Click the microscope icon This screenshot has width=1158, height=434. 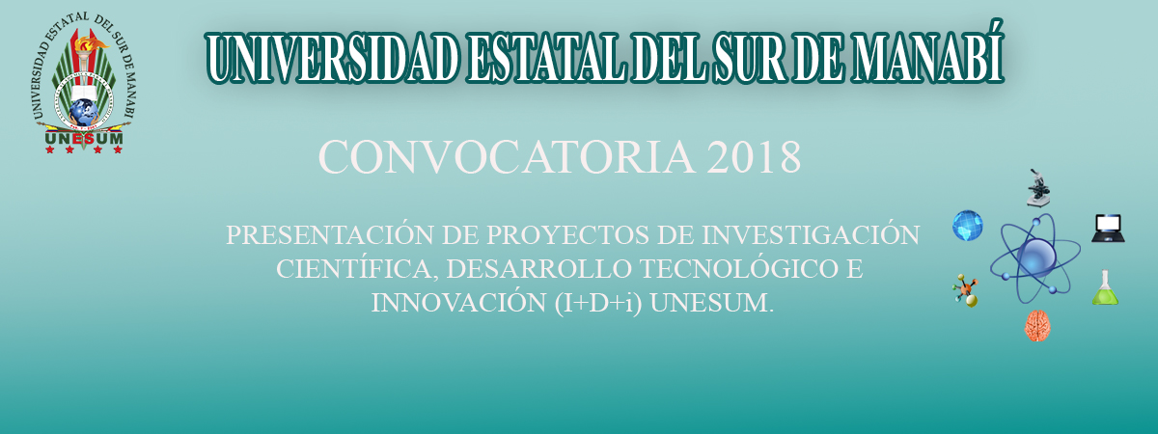pyautogui.click(x=1038, y=188)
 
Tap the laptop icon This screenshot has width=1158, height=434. pyautogui.click(x=1108, y=229)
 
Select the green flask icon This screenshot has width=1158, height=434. pyautogui.click(x=1105, y=287)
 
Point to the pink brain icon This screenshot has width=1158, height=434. pyautogui.click(x=1037, y=326)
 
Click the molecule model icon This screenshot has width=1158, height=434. pyautogui.click(x=966, y=291)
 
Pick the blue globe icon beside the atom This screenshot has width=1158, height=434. pyautogui.click(x=968, y=226)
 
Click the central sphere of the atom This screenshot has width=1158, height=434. pyautogui.click(x=1036, y=258)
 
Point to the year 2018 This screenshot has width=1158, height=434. pyautogui.click(x=754, y=157)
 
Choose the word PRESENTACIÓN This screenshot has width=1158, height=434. pyautogui.click(x=330, y=234)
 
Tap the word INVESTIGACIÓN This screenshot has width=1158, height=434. pyautogui.click(x=811, y=234)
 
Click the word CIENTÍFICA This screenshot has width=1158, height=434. pyautogui.click(x=357, y=269)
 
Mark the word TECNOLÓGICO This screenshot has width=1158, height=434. pyautogui.click(x=735, y=269)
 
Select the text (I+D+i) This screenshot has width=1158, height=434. pyautogui.click(x=598, y=303)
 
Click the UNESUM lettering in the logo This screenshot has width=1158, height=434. pyautogui.click(x=84, y=139)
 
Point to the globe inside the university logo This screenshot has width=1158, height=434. pyautogui.click(x=83, y=112)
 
